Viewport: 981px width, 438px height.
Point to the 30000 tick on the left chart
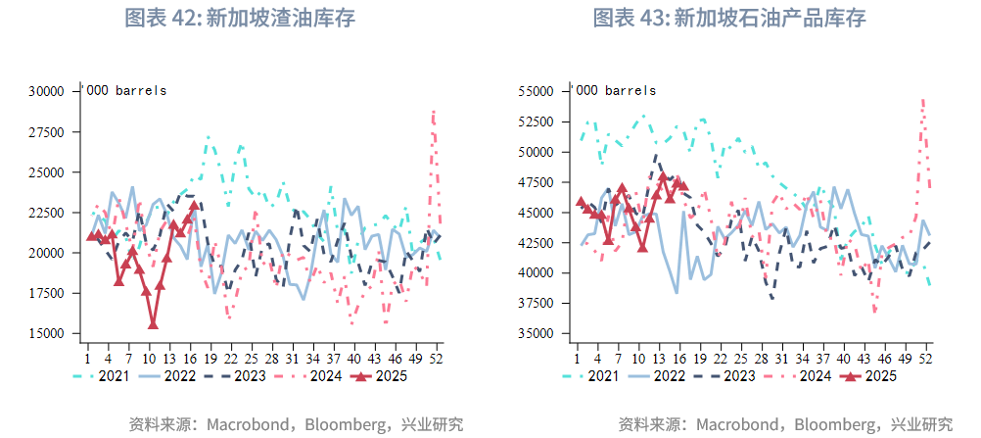click(46, 91)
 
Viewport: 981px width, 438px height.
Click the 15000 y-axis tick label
click(46, 333)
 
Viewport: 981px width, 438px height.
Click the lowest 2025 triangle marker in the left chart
click(153, 323)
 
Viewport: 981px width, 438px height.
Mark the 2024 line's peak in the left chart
click(433, 113)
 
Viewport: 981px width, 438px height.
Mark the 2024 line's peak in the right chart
click(922, 99)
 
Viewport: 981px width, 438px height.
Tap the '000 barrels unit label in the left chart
click(125, 90)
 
